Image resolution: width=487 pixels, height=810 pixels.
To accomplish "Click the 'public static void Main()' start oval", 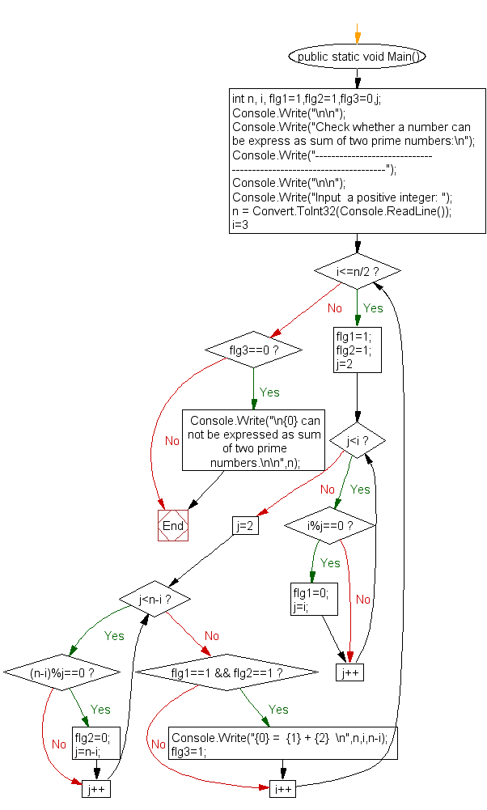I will pyautogui.click(x=357, y=57).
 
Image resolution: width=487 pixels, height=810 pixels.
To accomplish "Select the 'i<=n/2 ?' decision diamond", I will pyautogui.click(x=357, y=269).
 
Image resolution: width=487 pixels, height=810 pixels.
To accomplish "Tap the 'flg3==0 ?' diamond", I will pyautogui.click(x=253, y=350).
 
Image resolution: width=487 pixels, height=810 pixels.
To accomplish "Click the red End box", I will pyautogui.click(x=173, y=526).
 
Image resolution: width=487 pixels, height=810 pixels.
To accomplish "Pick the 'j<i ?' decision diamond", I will pyautogui.click(x=357, y=441).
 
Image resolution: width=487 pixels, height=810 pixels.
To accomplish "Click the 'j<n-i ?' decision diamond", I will pyautogui.click(x=155, y=600).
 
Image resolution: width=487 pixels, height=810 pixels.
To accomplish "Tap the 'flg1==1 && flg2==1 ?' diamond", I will pyautogui.click(x=227, y=672).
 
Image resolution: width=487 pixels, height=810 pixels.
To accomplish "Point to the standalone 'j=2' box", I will pyautogui.click(x=244, y=526).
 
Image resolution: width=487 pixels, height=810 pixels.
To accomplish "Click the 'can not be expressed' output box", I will pyautogui.click(x=255, y=440).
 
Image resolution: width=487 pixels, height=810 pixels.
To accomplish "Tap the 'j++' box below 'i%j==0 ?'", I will pyautogui.click(x=349, y=672).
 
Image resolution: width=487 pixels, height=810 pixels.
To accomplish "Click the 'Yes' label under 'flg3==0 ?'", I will pyautogui.click(x=269, y=392).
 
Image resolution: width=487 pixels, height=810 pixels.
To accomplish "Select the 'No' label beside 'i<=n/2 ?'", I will pyautogui.click(x=335, y=308).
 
